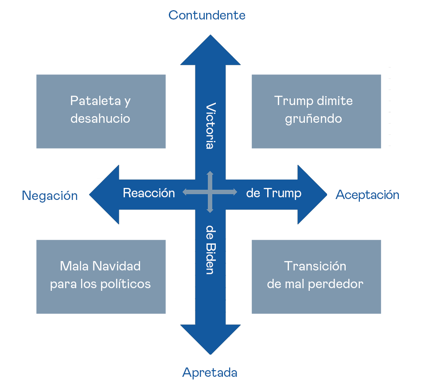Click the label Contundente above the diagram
pos(207,15)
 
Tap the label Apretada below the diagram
pos(210,372)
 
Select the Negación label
pos(50,195)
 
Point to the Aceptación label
pos(367,195)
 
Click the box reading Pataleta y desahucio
pos(101,111)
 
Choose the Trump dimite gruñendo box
pos(316,111)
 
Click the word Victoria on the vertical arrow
pos(210,126)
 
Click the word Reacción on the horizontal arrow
pos(149,193)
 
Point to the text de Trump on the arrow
pos(273,193)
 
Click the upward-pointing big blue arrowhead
pos(210,51)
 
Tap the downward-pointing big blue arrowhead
pos(210,339)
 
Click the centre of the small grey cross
pos(210,192)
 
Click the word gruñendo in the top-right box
pos(313,119)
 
